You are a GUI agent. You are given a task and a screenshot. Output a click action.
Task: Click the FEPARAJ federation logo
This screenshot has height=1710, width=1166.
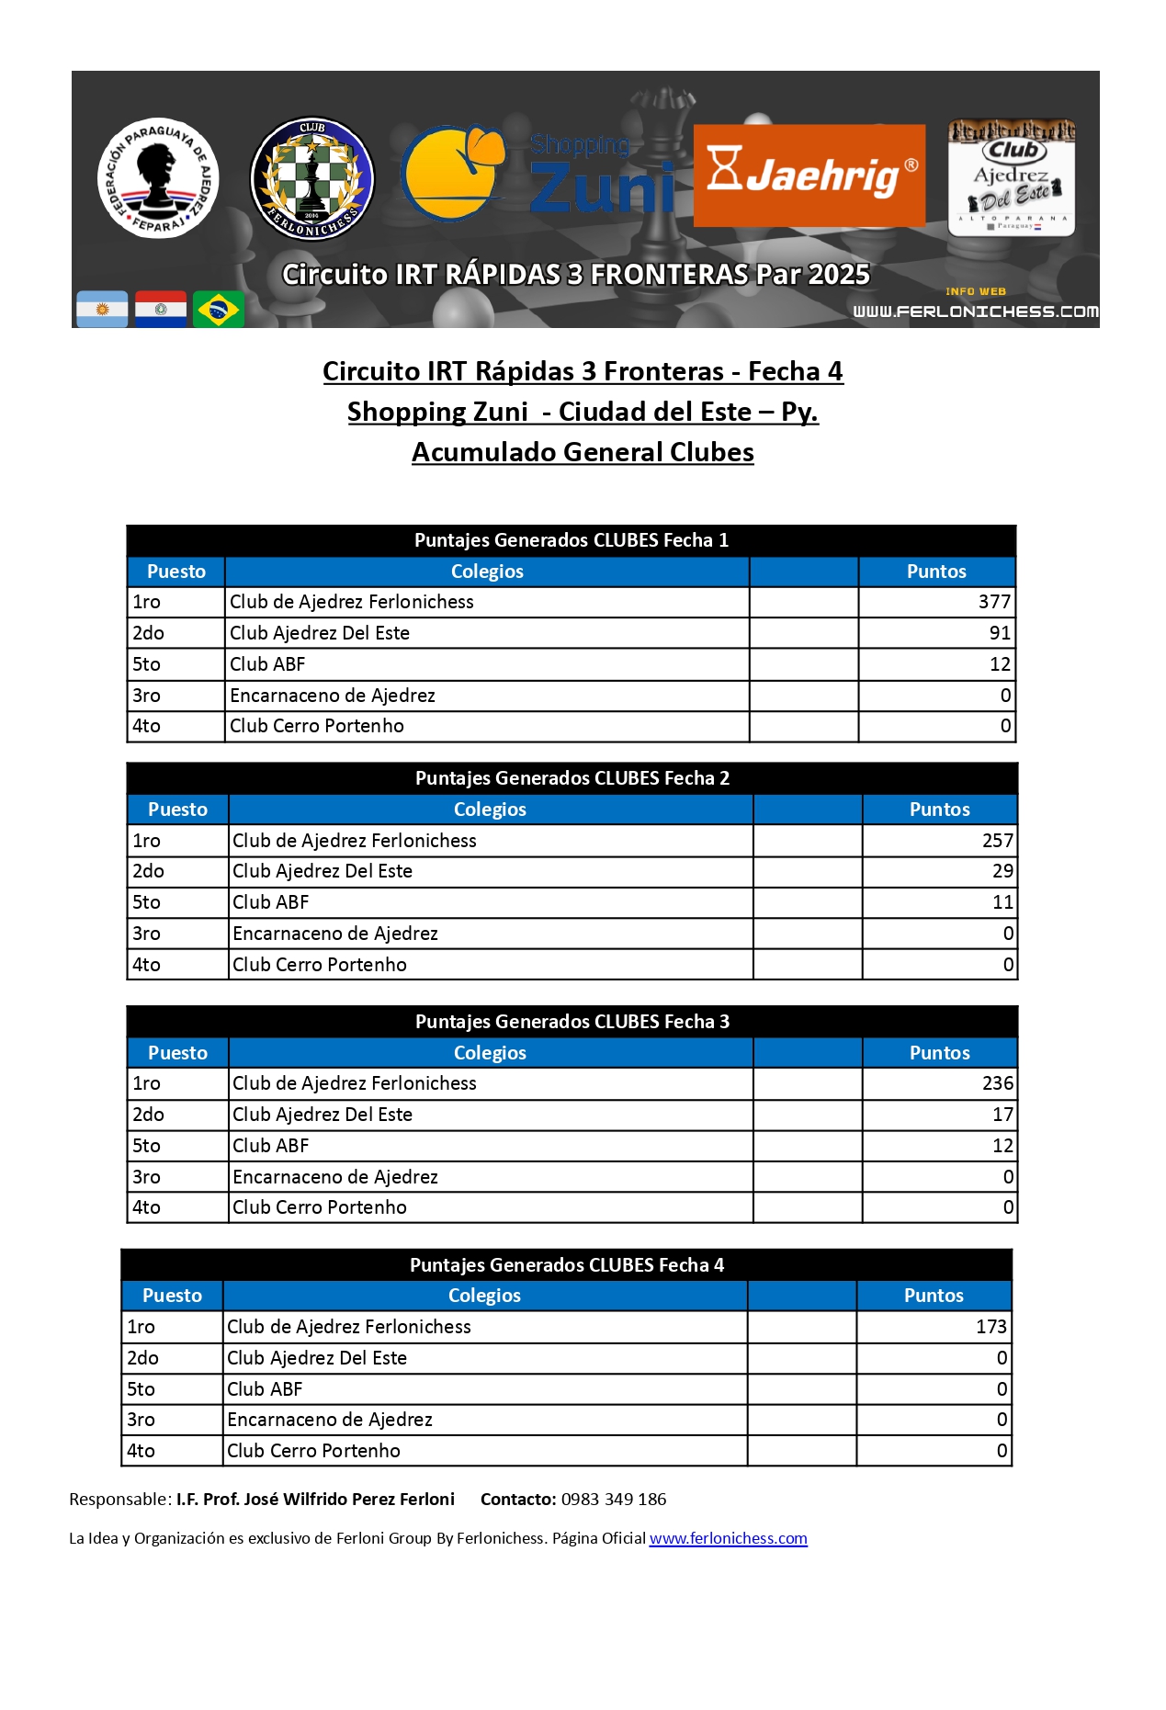tap(158, 177)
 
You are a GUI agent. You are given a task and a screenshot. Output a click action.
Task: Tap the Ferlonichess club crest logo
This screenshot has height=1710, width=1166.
tap(312, 178)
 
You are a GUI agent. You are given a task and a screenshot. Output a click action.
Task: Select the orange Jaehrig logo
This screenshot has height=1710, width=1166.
tap(809, 176)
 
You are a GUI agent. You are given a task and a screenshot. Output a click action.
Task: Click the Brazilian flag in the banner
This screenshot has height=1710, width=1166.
tap(219, 310)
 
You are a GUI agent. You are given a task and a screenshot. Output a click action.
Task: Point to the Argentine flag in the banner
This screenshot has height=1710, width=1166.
tap(102, 310)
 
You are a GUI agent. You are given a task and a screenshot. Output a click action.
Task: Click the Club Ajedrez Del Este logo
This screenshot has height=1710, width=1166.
tap(1012, 178)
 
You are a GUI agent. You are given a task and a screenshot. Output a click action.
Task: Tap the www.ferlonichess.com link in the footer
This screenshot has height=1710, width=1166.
tap(728, 1538)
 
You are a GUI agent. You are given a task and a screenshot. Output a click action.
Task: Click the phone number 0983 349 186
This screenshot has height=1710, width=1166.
tap(614, 1500)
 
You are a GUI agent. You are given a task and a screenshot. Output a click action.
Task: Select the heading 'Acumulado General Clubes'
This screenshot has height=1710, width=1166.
tap(583, 452)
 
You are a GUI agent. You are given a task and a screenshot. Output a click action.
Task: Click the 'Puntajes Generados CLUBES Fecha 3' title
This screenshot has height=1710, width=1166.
tap(572, 1022)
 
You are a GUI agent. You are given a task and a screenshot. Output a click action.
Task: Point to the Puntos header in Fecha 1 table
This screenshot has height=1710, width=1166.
tap(936, 572)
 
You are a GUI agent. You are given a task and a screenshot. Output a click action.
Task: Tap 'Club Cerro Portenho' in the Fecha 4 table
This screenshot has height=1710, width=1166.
tap(313, 1451)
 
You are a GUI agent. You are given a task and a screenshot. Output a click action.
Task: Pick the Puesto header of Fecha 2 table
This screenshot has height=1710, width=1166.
tap(177, 810)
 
